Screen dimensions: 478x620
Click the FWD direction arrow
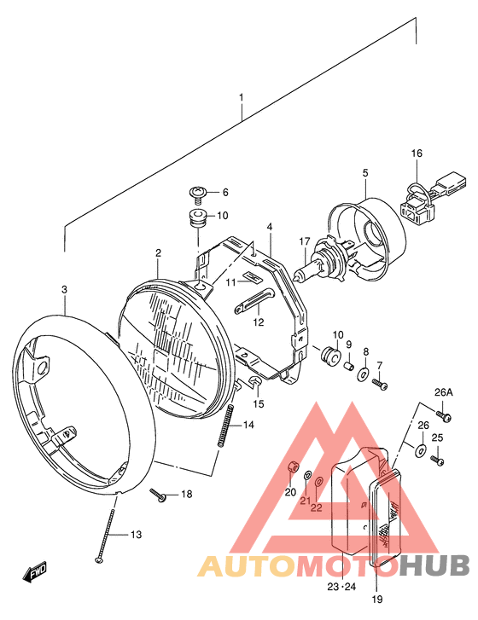point(35,571)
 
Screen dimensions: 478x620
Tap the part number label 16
point(417,153)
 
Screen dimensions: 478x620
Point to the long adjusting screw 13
point(106,534)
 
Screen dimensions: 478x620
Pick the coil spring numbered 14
point(225,426)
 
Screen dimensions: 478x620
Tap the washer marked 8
point(363,374)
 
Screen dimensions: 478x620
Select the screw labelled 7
point(380,384)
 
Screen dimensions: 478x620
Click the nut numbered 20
point(292,466)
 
